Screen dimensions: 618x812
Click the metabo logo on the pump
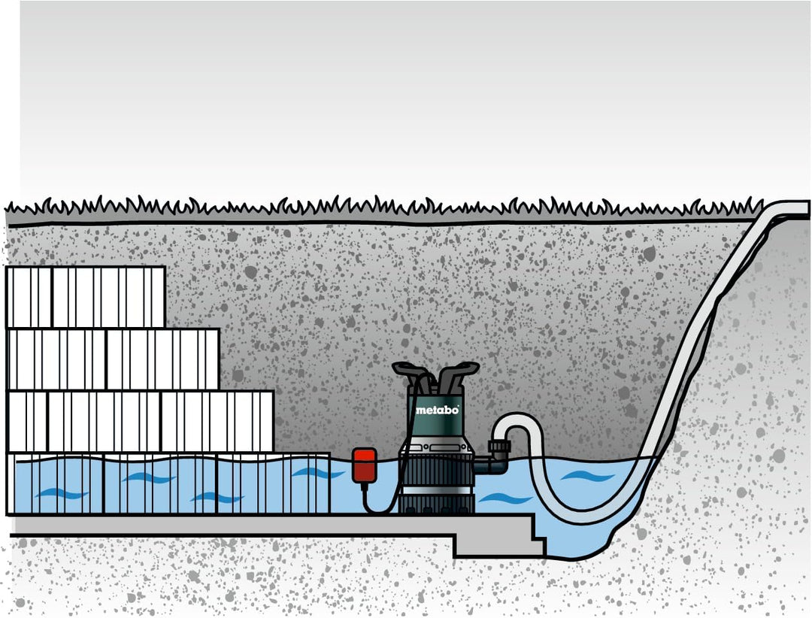(x=436, y=410)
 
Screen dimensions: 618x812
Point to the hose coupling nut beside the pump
(x=498, y=450)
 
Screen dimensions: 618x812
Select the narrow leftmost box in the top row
(x=29, y=297)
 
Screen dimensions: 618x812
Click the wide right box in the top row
(x=108, y=297)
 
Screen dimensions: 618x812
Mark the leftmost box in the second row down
(x=57, y=359)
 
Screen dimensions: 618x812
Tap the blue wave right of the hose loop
(x=586, y=475)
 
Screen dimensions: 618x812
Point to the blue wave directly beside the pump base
(x=497, y=498)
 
